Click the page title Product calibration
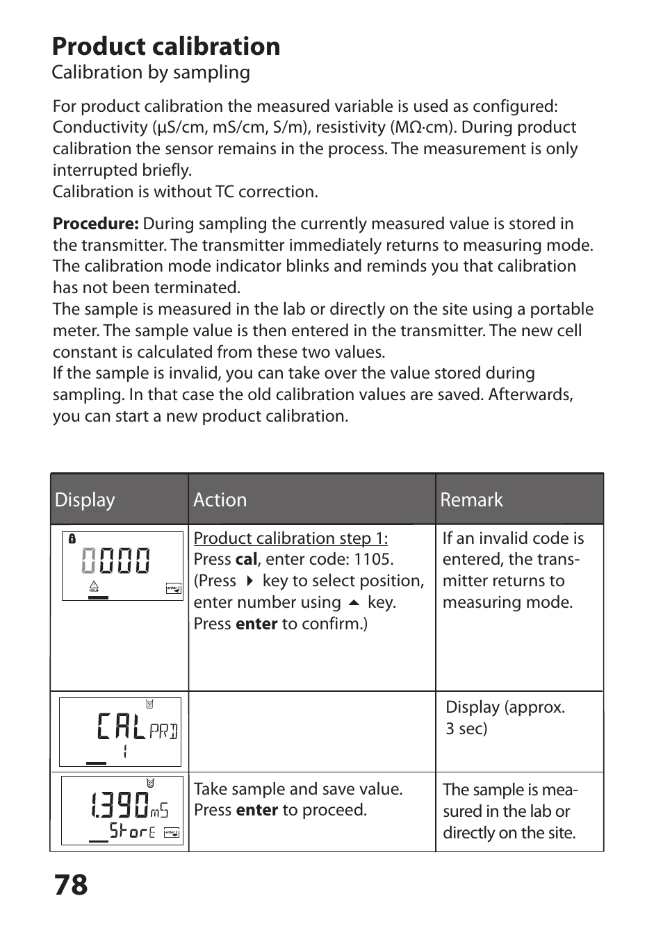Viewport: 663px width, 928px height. pos(166,47)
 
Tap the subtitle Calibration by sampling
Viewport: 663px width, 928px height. pos(151,72)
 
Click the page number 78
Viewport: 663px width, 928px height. pos(70,885)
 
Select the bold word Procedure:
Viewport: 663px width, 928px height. pos(96,224)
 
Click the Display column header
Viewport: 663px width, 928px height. pos(85,499)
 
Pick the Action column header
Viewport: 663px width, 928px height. pos(220,499)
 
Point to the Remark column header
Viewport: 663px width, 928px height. pos(471,499)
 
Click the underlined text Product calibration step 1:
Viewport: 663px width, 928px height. pos(290,538)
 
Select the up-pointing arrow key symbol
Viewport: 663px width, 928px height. pos(354,602)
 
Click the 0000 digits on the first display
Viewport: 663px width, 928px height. pos(116,561)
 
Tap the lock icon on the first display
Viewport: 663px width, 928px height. pos(72,538)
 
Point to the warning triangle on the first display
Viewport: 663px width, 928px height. pos(95,586)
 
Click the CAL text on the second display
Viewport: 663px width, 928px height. pos(122,727)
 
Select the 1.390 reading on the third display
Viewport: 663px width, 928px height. pos(120,805)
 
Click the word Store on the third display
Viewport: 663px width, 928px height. pos(132,831)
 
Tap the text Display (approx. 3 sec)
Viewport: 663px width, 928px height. pos(505,718)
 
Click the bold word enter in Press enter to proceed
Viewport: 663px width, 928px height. pos(256,811)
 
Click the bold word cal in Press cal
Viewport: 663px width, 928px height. pos(246,560)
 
